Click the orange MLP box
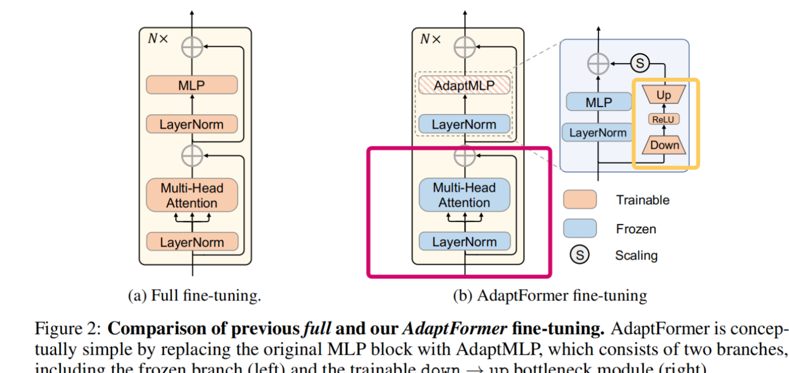click(x=192, y=85)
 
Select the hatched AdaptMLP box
click(x=464, y=85)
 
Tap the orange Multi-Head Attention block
click(x=192, y=195)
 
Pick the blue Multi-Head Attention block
click(x=464, y=195)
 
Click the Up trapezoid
click(x=664, y=95)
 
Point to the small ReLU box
click(x=664, y=119)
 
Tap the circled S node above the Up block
click(x=640, y=64)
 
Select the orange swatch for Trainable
click(x=580, y=200)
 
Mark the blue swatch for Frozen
click(x=580, y=228)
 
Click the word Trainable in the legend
click(x=643, y=200)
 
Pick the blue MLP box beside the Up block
click(x=598, y=102)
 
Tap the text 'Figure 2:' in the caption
click(x=68, y=329)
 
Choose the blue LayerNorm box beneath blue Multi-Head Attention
click(x=464, y=241)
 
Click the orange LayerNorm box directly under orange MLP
click(x=192, y=124)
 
